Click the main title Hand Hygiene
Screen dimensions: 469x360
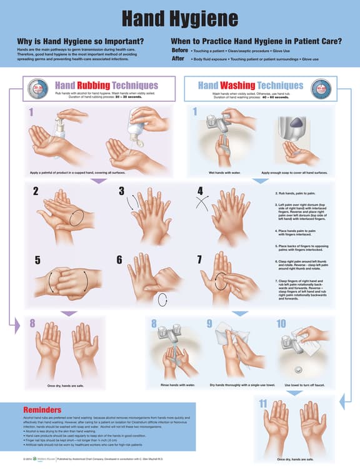[x=180, y=19]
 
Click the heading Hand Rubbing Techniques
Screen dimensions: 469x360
[x=106, y=85]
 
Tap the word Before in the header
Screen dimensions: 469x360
[x=180, y=49]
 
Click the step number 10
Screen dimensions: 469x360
[x=281, y=324]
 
